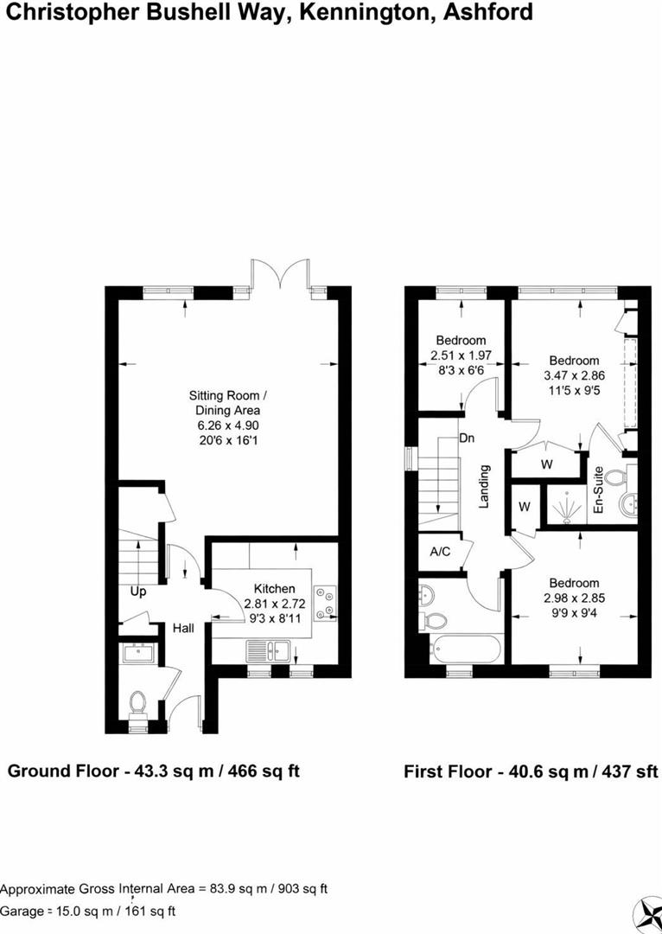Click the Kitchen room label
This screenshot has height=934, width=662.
click(275, 589)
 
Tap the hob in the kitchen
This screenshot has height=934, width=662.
click(325, 602)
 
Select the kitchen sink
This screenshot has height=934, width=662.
click(269, 650)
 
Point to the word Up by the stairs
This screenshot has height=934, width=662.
click(138, 592)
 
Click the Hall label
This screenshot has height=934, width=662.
click(183, 629)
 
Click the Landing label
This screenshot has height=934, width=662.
click(484, 487)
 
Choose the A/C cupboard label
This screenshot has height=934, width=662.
click(440, 552)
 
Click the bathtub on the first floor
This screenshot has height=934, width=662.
click(464, 649)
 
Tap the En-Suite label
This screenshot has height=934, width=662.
click(598, 491)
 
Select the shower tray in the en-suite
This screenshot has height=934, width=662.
click(566, 506)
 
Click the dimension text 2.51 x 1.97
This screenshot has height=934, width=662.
click(461, 355)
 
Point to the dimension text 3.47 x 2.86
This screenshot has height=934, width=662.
click(574, 376)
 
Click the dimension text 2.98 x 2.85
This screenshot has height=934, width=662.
click(574, 598)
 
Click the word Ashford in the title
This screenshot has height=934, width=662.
click(487, 13)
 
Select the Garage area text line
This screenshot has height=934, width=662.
click(88, 911)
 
